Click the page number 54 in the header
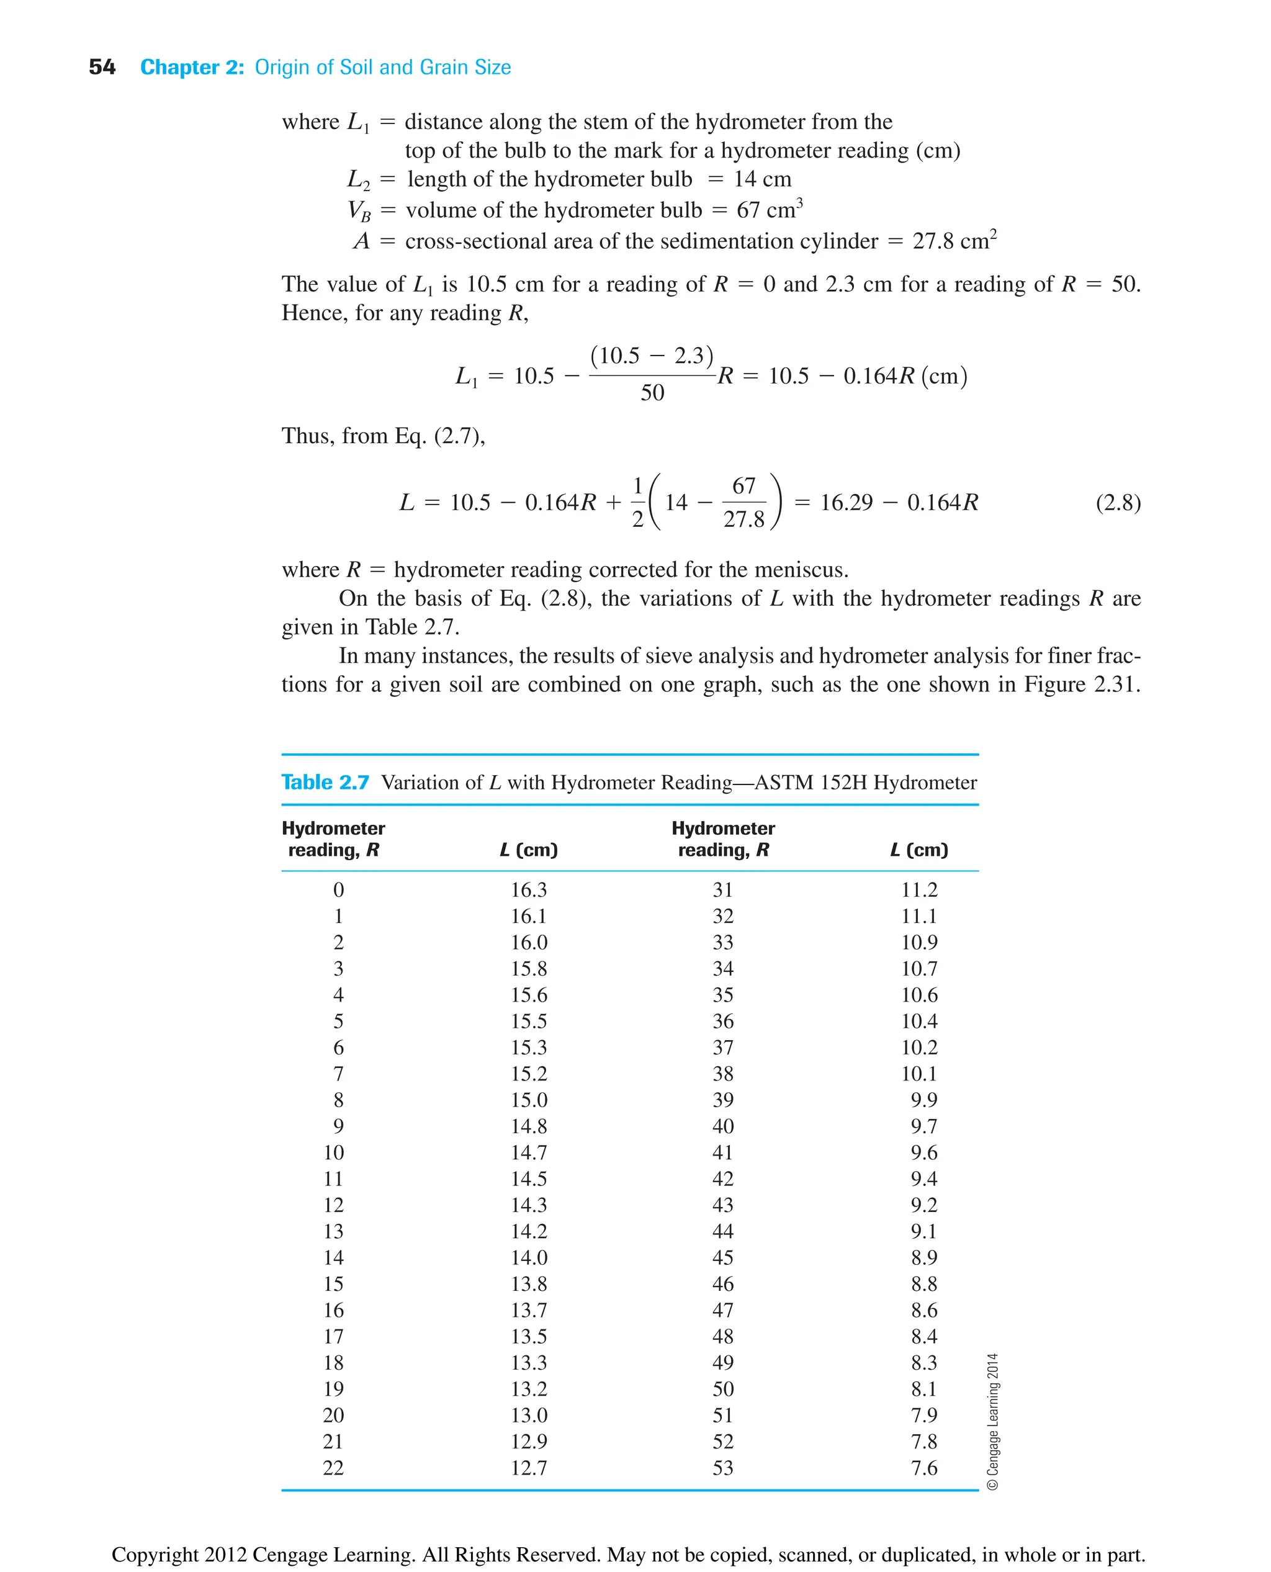pos(102,68)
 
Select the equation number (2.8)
pos(1117,503)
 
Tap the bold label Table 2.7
pos(325,782)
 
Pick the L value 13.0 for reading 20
pos(529,1416)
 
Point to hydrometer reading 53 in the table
pos(722,1468)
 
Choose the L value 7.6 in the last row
pos(924,1468)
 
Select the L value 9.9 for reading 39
pos(924,1100)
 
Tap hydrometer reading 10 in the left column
pos(334,1152)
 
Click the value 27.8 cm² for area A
pos(954,241)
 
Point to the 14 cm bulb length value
pos(762,179)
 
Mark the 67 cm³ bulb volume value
pos(769,210)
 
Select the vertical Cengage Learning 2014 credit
pos(993,1421)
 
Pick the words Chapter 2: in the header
pos(192,68)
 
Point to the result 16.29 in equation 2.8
pos(847,503)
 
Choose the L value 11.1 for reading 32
pos(919,916)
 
